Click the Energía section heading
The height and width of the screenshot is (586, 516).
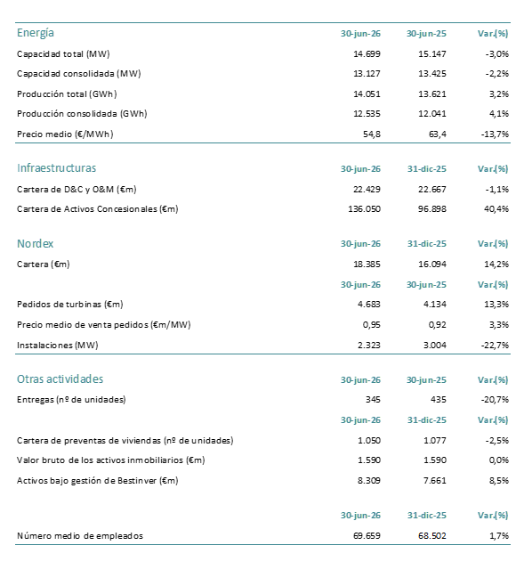pyautogui.click(x=36, y=33)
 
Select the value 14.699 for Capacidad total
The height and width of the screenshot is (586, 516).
pyautogui.click(x=367, y=54)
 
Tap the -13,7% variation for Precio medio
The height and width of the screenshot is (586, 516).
pyautogui.click(x=495, y=134)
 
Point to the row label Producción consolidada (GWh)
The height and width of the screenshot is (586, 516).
pyautogui.click(x=82, y=114)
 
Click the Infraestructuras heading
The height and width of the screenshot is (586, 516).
pyautogui.click(x=56, y=168)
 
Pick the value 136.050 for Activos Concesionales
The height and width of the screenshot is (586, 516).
pyautogui.click(x=364, y=209)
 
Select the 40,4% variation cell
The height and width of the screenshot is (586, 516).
pyautogui.click(x=496, y=209)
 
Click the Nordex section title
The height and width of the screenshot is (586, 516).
pyautogui.click(x=35, y=244)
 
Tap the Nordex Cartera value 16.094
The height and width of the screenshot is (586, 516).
pyautogui.click(x=432, y=265)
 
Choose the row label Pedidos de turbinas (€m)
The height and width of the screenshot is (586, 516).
pyautogui.click(x=69, y=305)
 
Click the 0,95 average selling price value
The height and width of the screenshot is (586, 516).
pyautogui.click(x=372, y=325)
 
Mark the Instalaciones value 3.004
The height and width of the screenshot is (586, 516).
pyautogui.click(x=435, y=346)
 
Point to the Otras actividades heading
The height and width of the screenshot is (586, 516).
pyautogui.click(x=60, y=379)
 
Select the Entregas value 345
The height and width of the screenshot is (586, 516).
pyautogui.click(x=373, y=400)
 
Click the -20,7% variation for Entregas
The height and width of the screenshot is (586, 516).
pyautogui.click(x=495, y=400)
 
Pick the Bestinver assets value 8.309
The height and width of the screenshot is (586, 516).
pyautogui.click(x=369, y=481)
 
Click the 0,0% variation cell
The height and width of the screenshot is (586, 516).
pyautogui.click(x=499, y=460)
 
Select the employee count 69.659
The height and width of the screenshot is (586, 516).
pyautogui.click(x=367, y=536)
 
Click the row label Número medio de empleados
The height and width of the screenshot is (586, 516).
pyautogui.click(x=80, y=536)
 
